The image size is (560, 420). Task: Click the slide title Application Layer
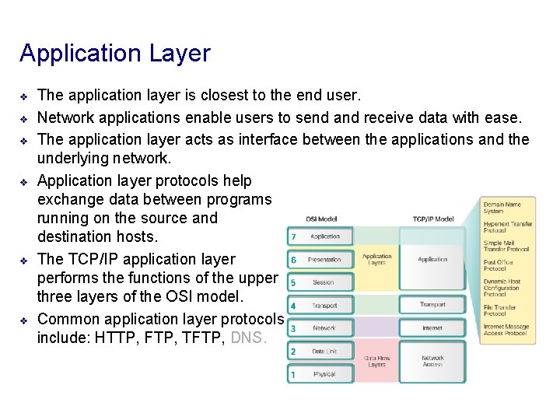[x=115, y=54]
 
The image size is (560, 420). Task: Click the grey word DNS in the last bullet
[x=249, y=338]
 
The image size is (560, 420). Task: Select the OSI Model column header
[x=321, y=219]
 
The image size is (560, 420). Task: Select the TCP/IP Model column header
[x=432, y=219]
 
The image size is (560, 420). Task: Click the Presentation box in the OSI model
[x=324, y=260]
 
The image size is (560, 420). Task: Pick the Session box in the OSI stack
[x=324, y=282]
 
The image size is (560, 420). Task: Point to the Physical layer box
[x=324, y=374]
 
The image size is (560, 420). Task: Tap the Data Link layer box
[x=324, y=352]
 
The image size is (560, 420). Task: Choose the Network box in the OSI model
[x=324, y=328]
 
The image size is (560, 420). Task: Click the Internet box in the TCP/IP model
[x=432, y=328]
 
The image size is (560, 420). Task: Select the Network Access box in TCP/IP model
[x=432, y=362]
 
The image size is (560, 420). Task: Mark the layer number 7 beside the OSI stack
[x=292, y=236]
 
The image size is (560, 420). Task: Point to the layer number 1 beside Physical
[x=292, y=375]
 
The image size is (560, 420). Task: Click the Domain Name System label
[x=504, y=207]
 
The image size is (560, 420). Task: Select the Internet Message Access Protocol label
[x=506, y=331]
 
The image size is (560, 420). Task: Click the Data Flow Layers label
[x=377, y=362]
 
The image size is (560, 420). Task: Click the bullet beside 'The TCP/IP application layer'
[x=24, y=260]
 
